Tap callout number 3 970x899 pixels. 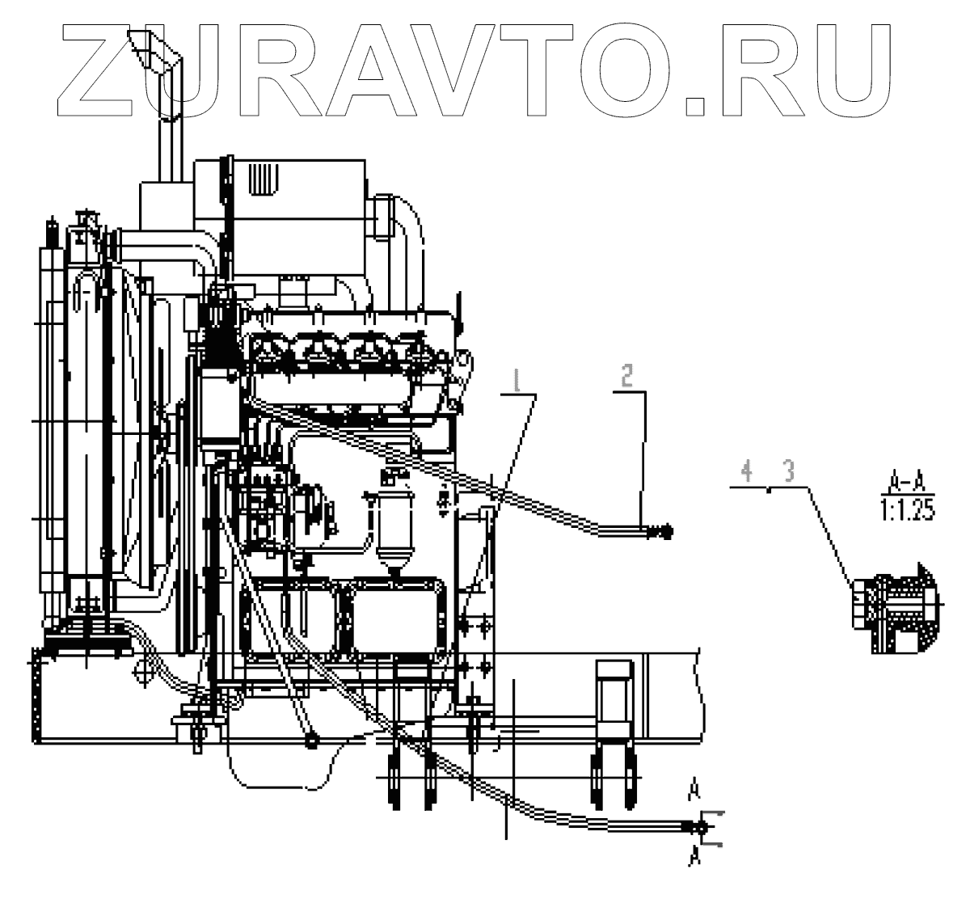(787, 472)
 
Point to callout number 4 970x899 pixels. (748, 471)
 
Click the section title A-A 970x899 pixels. (901, 484)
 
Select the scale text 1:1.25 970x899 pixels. (902, 512)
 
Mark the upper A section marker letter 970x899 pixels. (694, 787)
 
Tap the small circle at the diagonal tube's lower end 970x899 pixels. (310, 740)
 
